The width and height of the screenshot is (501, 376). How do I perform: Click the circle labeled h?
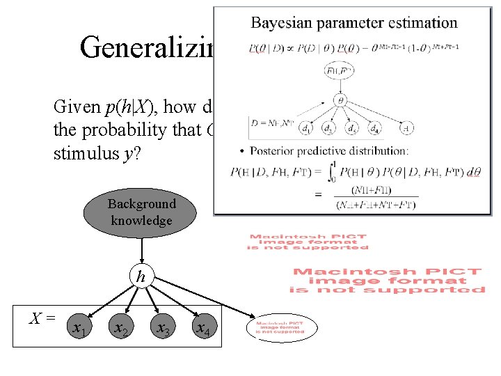pos(141,277)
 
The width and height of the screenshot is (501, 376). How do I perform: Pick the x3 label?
pos(163,327)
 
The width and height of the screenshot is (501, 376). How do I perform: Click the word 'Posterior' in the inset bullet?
pos(267,151)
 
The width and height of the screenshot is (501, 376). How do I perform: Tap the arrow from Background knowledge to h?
pos(141,250)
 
